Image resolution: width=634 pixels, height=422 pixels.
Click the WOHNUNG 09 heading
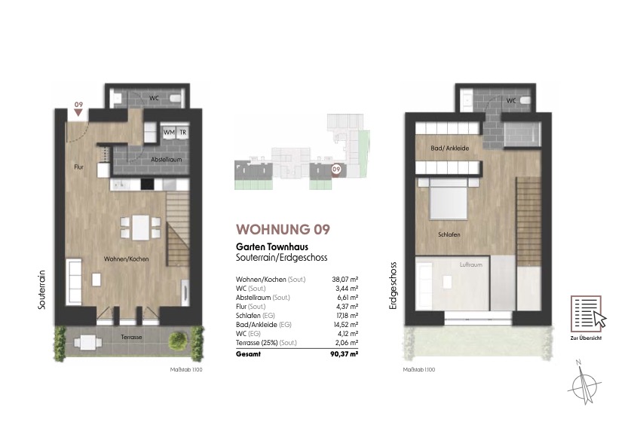[x=283, y=229]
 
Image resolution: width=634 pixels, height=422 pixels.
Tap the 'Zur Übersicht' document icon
[x=588, y=313]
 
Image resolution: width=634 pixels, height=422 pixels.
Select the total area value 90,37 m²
[x=344, y=354]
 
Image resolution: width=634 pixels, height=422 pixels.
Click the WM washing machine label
[x=169, y=132]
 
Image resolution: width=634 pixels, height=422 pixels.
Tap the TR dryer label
[x=182, y=132]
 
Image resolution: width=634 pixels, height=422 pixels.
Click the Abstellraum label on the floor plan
[x=166, y=159]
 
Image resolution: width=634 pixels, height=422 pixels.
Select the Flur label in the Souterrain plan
[x=79, y=167]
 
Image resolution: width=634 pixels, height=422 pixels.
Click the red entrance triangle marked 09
[x=78, y=113]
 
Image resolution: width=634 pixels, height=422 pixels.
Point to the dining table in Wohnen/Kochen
[x=140, y=227]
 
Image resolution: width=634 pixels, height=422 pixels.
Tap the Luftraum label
[x=470, y=265]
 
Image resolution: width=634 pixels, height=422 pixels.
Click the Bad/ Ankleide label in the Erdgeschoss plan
[x=449, y=148]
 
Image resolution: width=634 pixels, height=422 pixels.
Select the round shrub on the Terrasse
[x=177, y=341]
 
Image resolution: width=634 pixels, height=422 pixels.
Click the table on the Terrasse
[x=87, y=342]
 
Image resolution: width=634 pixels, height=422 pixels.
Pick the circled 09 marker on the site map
[x=336, y=170]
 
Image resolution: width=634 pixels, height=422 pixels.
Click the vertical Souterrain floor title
[x=41, y=289]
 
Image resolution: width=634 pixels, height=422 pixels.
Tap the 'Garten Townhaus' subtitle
[x=272, y=246]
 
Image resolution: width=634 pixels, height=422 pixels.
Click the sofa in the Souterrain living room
[x=74, y=281]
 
